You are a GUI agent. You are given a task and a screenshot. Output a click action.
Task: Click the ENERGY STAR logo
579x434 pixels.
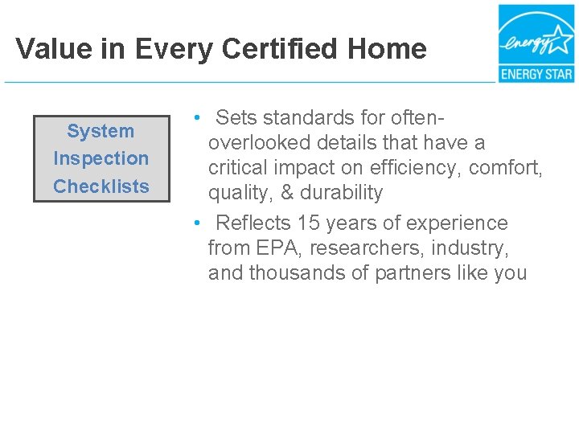click(536, 43)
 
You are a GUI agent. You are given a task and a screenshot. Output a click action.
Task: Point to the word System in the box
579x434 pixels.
click(101, 131)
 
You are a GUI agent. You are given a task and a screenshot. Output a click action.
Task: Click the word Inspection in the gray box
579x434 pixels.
click(101, 158)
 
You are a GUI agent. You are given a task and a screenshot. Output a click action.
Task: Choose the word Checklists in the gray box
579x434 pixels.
click(101, 186)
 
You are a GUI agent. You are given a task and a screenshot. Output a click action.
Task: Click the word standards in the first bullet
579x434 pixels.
click(308, 118)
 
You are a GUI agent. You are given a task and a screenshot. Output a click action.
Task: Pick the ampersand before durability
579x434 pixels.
click(287, 193)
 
